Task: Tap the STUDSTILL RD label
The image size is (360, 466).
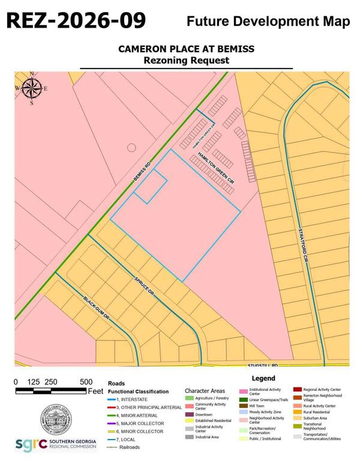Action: point(265,365)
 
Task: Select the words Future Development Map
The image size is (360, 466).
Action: point(268,22)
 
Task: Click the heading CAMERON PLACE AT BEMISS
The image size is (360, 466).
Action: point(186,49)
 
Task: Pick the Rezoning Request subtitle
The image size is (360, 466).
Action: point(186,60)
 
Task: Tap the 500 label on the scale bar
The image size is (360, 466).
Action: point(86,382)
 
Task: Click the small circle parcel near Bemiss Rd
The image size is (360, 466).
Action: point(131,147)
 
